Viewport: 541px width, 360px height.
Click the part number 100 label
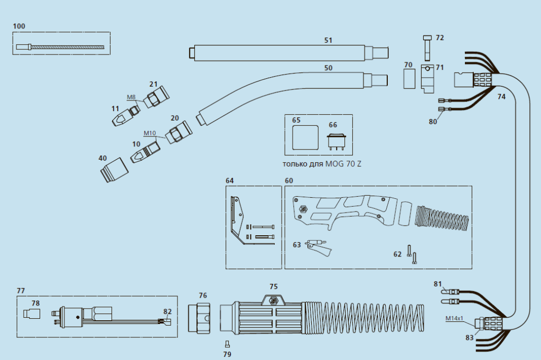coord(18,26)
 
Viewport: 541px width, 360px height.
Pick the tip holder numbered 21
coord(158,97)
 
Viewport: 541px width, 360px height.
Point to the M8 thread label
coord(132,97)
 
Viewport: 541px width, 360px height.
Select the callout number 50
coord(328,68)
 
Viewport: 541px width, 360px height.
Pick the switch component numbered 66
coord(337,142)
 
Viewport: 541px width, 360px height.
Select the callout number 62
coord(397,254)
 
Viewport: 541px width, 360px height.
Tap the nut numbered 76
coord(200,319)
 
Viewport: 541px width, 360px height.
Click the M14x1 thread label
coord(454,318)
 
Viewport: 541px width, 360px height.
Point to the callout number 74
coord(501,97)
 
